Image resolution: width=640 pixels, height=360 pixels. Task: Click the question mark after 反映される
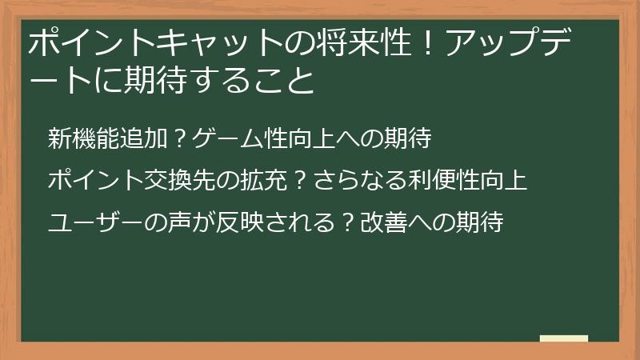[x=347, y=221]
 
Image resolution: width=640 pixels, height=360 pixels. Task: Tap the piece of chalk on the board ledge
[x=564, y=338]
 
